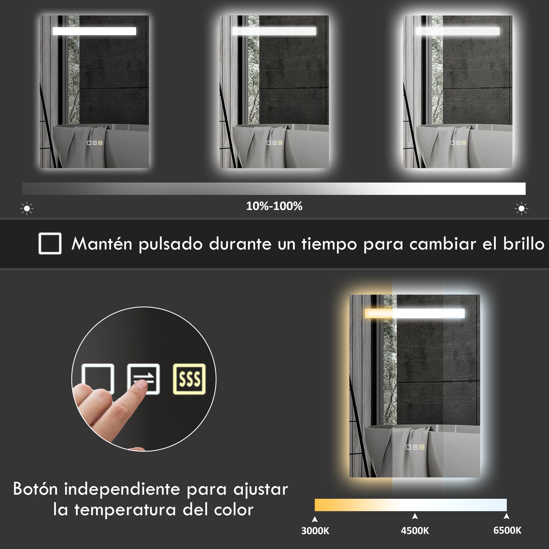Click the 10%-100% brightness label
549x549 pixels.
[274, 206]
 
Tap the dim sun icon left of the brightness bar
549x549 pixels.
[27, 209]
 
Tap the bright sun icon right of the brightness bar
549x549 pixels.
[522, 209]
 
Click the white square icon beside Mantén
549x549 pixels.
[50, 243]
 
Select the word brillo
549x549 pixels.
[524, 244]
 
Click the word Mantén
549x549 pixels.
[102, 244]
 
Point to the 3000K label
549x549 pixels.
[315, 531]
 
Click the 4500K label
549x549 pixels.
[415, 531]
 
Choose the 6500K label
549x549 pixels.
[507, 531]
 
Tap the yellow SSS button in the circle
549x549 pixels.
[189, 379]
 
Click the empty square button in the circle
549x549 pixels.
[98, 378]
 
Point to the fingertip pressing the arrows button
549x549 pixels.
[141, 385]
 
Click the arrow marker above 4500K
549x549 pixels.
[415, 516]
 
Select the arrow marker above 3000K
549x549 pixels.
[315, 519]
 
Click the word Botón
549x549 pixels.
[35, 489]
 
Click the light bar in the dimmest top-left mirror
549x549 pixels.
[94, 31]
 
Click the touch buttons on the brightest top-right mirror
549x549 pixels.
[458, 143]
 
